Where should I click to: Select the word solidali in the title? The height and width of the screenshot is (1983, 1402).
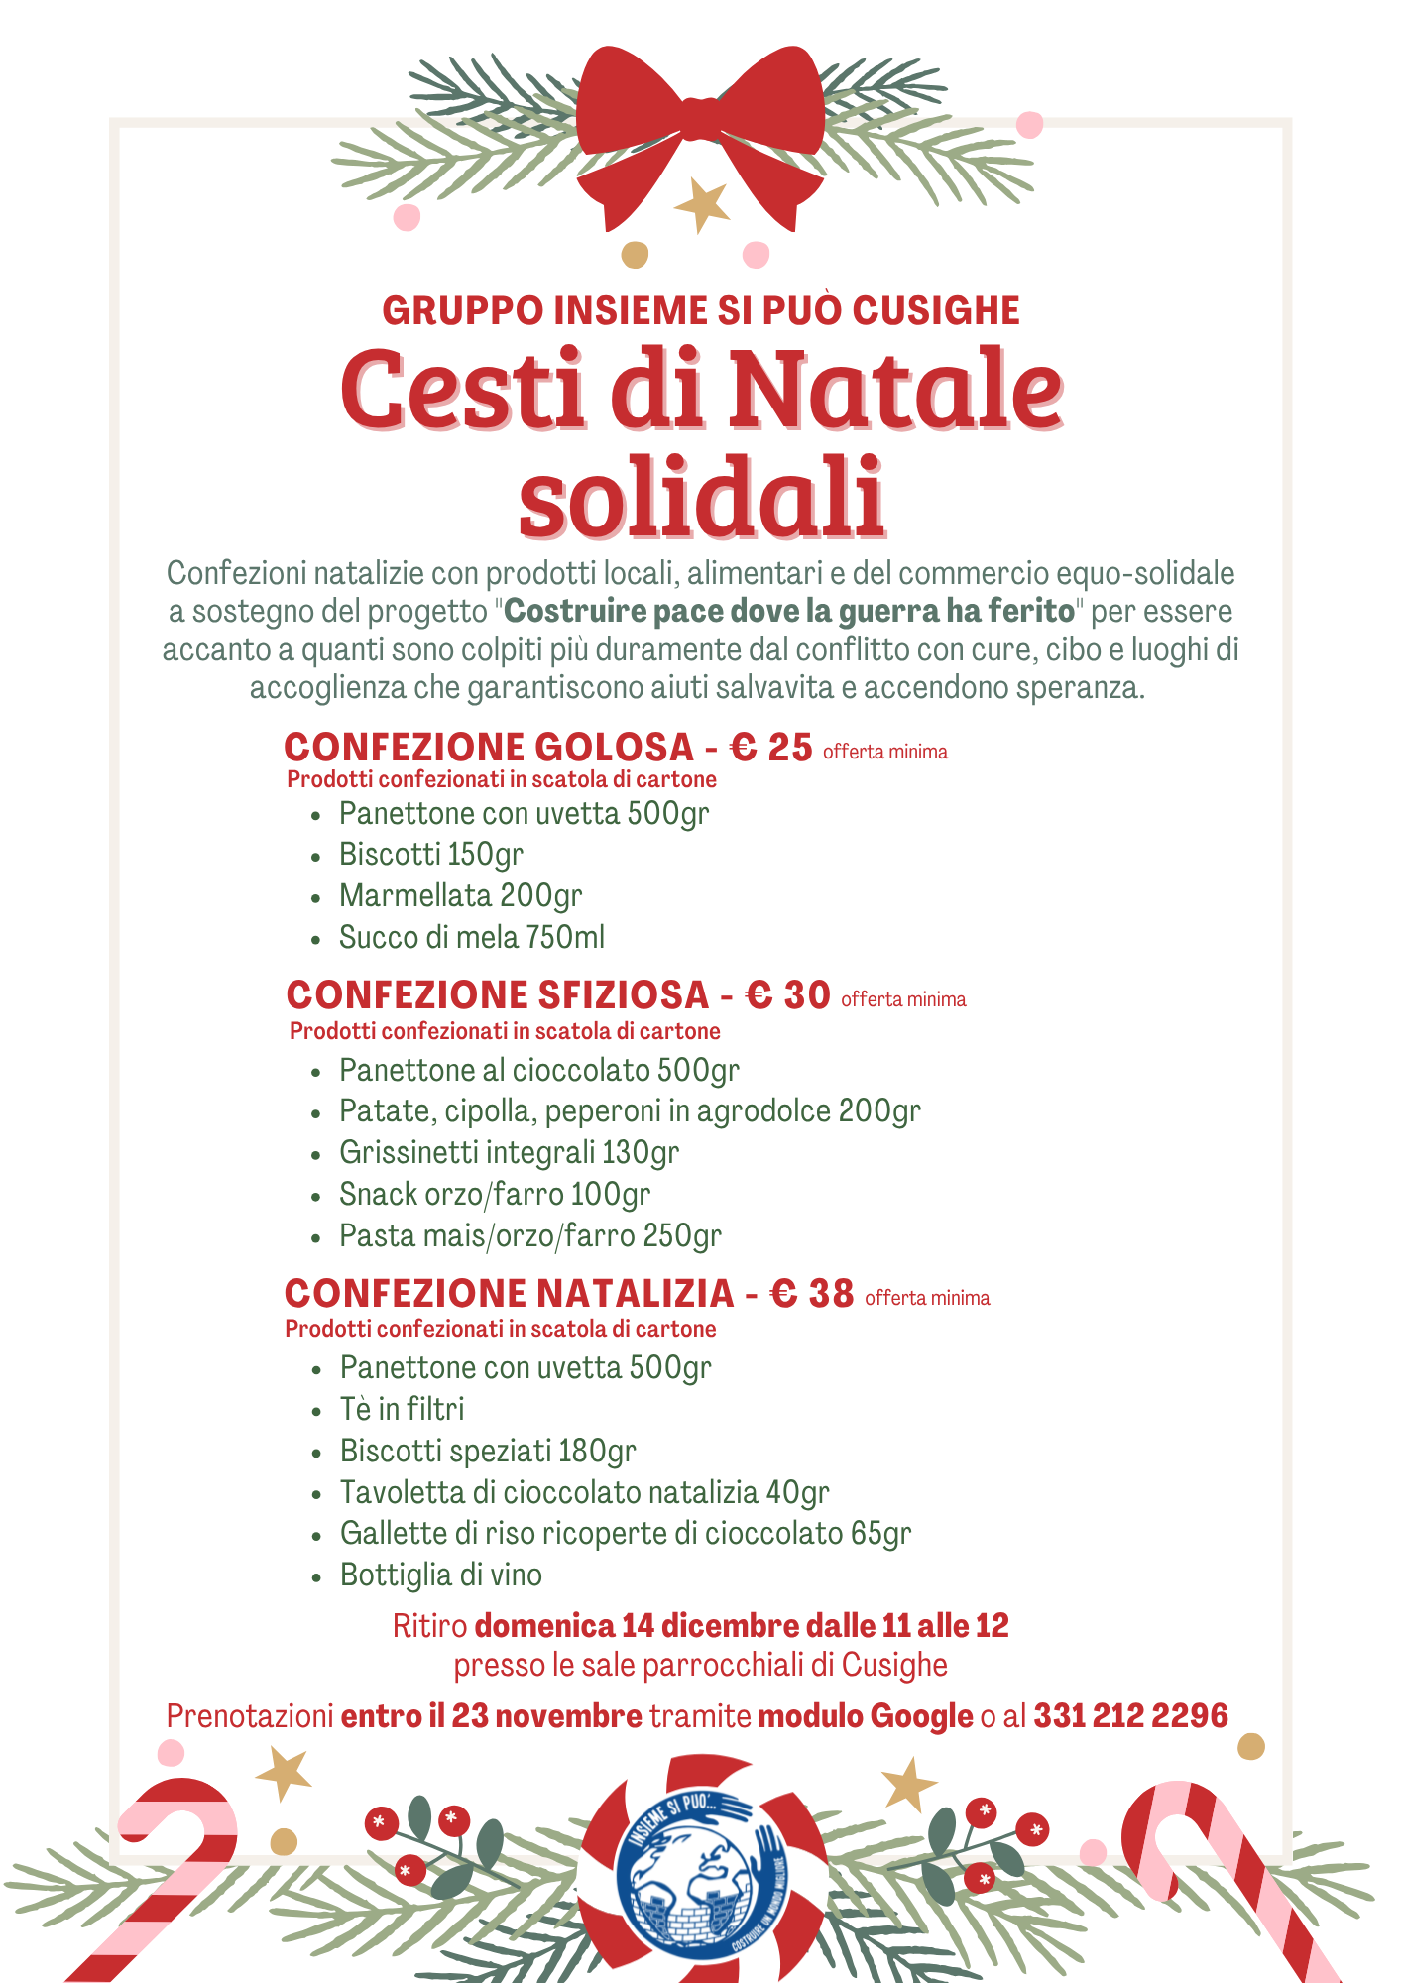coord(701,496)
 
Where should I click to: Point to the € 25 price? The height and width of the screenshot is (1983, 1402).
coord(771,747)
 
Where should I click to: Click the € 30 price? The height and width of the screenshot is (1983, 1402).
coord(788,994)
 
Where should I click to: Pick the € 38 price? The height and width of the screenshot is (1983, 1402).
coord(812,1293)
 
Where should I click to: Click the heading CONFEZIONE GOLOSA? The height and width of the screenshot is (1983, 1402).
coord(489,747)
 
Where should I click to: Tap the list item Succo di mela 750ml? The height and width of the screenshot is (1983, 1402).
coord(472,937)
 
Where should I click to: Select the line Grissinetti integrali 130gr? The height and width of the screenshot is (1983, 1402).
coord(509,1152)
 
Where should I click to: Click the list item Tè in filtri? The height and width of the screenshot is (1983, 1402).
coord(402,1409)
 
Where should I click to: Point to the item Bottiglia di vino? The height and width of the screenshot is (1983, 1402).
coord(441,1575)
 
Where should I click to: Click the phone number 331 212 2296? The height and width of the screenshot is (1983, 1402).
coord(1130,1715)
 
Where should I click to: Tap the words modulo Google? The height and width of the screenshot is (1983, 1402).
coord(865,1715)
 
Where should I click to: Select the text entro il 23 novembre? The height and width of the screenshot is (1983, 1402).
coord(492,1715)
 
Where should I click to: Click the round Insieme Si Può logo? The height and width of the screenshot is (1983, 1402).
coord(701,1862)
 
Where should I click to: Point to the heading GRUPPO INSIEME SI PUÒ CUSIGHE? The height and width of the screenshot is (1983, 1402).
coord(701,310)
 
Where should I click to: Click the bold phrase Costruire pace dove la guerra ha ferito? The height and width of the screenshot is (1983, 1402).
coord(789,611)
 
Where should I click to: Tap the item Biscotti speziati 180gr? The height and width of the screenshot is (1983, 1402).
coord(488,1451)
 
